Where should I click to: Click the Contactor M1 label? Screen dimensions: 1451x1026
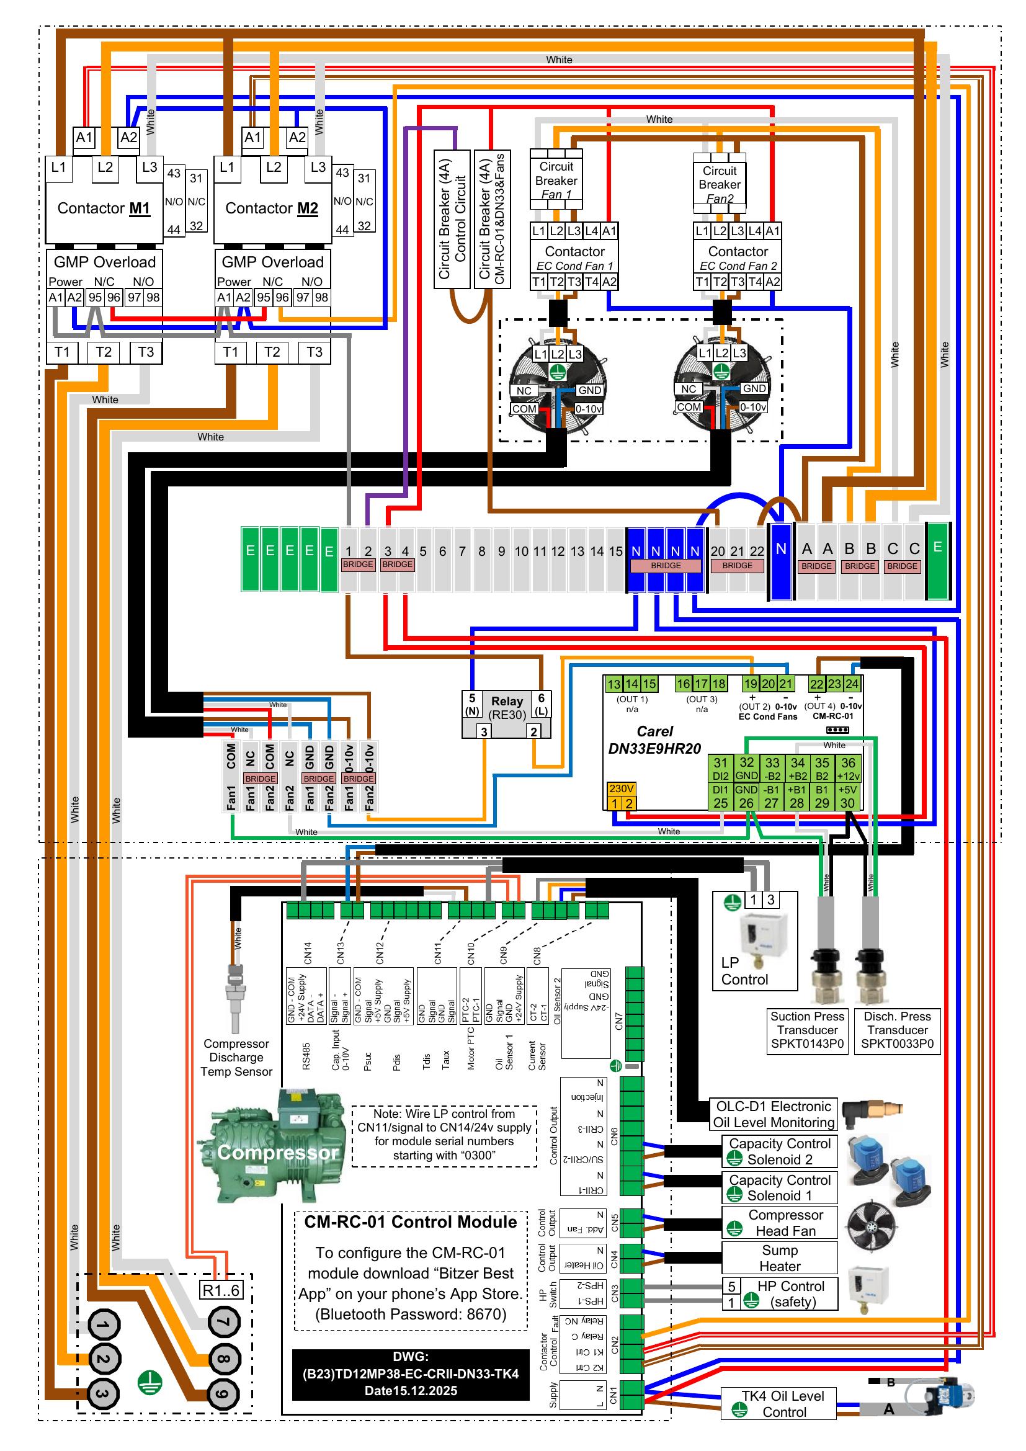(104, 208)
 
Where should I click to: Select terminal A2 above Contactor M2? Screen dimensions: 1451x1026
(297, 138)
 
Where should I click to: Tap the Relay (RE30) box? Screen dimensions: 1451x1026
(507, 708)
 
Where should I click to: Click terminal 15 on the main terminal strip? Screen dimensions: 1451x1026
(615, 551)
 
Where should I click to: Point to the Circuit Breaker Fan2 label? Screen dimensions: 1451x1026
(720, 184)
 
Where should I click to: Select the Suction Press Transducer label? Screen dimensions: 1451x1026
(807, 1030)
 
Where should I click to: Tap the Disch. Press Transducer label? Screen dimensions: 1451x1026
(897, 1030)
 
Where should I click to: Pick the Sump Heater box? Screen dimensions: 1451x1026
(780, 1257)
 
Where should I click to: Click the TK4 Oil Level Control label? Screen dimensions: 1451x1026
(783, 1404)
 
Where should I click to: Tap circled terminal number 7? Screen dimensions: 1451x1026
(224, 1321)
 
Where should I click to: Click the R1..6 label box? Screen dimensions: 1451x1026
(220, 1290)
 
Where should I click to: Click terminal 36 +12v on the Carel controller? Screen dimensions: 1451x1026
(848, 769)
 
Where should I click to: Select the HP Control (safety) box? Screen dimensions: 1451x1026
(780, 1293)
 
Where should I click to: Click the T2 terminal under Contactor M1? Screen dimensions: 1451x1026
(104, 352)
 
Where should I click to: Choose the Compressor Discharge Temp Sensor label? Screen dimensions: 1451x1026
(236, 1057)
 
